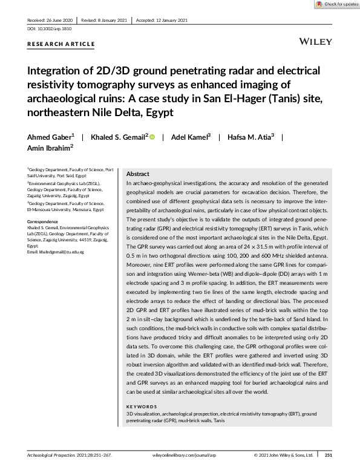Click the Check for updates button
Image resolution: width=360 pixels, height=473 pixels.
(337, 4)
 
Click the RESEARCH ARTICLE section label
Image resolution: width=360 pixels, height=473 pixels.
(61, 44)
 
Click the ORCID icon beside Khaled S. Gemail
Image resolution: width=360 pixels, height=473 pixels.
(152, 137)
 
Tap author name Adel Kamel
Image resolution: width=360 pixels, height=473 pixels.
(189, 137)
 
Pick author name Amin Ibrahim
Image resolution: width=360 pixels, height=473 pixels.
(48, 147)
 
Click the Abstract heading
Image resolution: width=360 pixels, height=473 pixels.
(137, 173)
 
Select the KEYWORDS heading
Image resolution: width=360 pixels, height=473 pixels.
(142, 406)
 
